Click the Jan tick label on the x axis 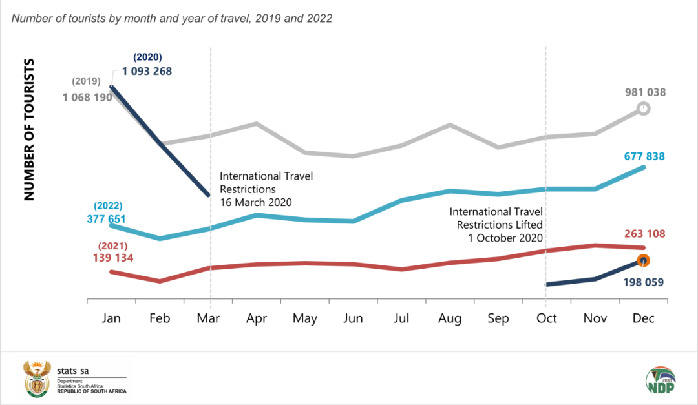[112, 318]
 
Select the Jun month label [354, 318]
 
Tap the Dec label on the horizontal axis [643, 318]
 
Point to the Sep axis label [498, 318]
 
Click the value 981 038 [644, 92]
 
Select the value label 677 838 [644, 156]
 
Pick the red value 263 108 [644, 234]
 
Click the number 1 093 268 [147, 71]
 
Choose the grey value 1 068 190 [88, 98]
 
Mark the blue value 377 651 [107, 219]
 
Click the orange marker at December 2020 [643, 260]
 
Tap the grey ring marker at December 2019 [643, 109]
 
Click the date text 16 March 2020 [256, 202]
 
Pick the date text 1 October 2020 [505, 237]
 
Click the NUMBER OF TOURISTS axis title [29, 129]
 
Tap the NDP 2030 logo [660, 379]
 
